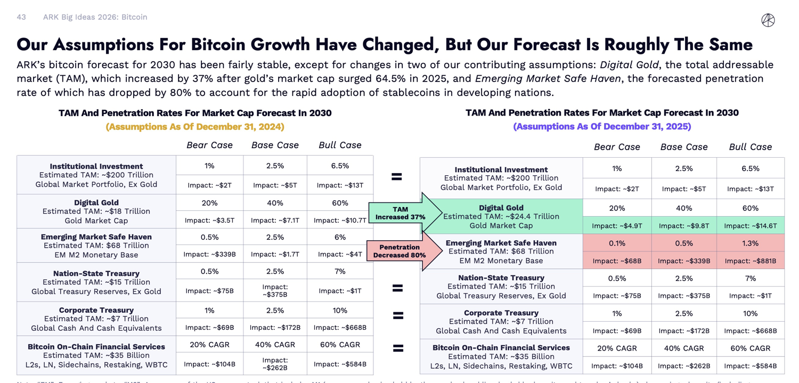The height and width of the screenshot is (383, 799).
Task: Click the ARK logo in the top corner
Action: tap(768, 20)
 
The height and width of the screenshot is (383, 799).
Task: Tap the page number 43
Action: tap(21, 17)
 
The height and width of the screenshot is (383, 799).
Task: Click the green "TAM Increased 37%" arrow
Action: tap(404, 213)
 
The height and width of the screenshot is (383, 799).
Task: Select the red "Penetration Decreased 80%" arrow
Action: tap(403, 251)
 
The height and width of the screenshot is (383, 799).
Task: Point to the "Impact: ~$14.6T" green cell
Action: tap(751, 226)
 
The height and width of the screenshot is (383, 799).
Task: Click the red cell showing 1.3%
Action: tap(751, 243)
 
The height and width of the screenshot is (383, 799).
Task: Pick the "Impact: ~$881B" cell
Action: tap(751, 261)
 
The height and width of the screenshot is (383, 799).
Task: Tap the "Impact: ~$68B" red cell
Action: tap(617, 261)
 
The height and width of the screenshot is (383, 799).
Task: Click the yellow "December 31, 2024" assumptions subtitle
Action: tap(195, 127)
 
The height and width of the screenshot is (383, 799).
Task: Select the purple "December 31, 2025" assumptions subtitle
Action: tap(602, 126)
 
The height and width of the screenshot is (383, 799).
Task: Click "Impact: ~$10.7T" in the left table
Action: tap(340, 220)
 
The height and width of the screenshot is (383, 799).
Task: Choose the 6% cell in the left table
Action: tap(340, 237)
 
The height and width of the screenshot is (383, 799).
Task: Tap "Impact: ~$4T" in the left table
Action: tap(340, 255)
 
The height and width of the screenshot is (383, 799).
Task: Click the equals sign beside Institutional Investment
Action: tap(397, 176)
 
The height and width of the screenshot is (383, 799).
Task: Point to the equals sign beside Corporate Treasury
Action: tap(398, 315)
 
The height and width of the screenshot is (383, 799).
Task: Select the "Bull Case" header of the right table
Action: tap(750, 147)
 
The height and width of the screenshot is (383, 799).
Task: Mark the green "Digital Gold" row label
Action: tap(501, 208)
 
